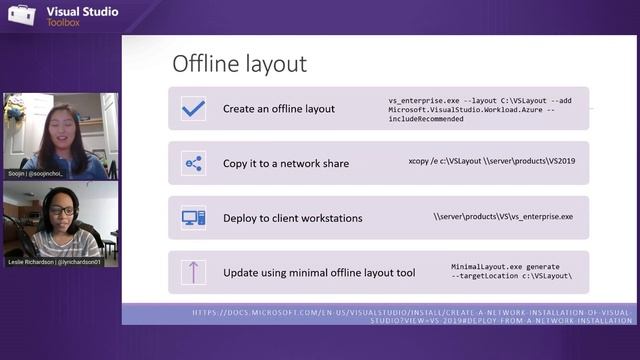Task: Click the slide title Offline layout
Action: (239, 64)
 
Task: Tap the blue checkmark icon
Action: (193, 108)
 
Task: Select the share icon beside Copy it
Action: (193, 163)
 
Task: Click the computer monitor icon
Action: (193, 217)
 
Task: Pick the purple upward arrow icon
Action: (193, 271)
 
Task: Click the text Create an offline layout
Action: (279, 108)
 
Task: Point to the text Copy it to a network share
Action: (286, 163)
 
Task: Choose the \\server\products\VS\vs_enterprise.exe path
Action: (503, 216)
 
